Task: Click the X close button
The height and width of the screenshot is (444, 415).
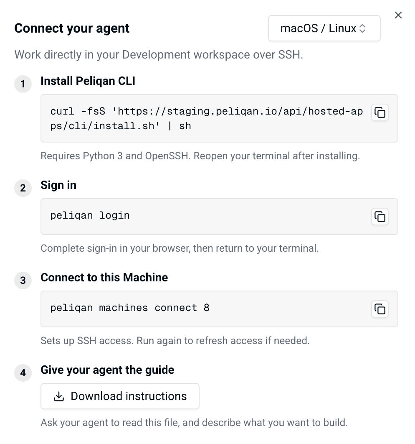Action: coord(398,15)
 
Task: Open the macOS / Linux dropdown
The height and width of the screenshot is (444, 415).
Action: coord(324,28)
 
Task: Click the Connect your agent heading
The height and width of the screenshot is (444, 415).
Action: coord(72,28)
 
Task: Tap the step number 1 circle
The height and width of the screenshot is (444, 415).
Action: coord(23,84)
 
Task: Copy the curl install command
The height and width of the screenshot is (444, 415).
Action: coord(380,112)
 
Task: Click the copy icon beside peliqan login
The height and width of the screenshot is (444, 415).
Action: coord(380,217)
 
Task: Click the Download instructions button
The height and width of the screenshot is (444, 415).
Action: coord(120,396)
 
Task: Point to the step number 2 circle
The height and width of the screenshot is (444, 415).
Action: coord(23,188)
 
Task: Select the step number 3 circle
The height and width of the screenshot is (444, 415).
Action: coord(23,281)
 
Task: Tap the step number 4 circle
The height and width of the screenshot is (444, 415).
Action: coord(23,373)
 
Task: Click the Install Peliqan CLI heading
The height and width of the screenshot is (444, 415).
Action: coord(88,81)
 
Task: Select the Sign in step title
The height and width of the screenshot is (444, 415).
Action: coord(58,185)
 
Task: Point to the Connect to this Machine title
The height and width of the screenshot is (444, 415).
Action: coord(104,278)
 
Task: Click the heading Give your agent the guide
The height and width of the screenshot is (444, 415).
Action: coord(107,370)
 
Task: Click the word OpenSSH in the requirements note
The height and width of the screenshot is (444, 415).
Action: coord(167,156)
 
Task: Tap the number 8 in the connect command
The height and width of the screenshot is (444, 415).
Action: coord(207,308)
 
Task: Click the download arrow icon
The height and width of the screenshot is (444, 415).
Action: coord(59,396)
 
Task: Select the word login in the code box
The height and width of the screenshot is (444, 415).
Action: coord(114,216)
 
